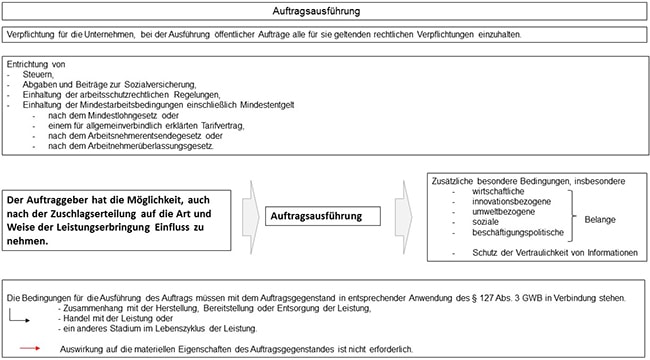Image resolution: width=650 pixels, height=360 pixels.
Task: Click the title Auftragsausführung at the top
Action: point(324,11)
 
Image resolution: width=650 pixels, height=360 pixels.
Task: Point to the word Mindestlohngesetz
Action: point(111,115)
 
